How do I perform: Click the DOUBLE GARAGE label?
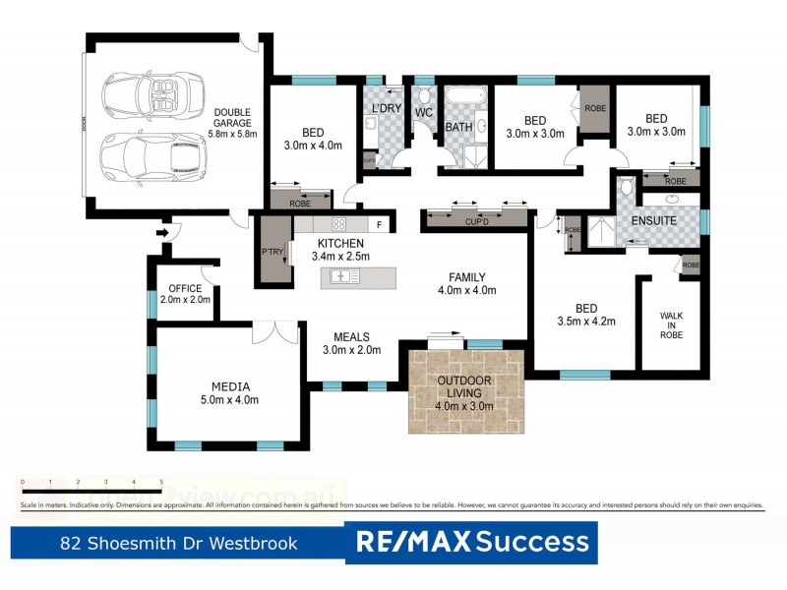click(232, 116)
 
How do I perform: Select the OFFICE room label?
click(185, 288)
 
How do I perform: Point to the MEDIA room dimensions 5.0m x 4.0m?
click(230, 400)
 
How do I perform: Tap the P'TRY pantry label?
click(272, 250)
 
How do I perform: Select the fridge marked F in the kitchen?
click(378, 224)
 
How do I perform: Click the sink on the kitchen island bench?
click(344, 276)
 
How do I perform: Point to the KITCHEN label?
click(341, 243)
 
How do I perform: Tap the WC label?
click(424, 113)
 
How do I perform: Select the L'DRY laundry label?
click(384, 106)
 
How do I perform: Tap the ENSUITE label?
click(653, 221)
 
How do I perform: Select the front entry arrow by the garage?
click(162, 233)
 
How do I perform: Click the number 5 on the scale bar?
click(161, 482)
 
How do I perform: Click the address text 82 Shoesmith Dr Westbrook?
click(178, 543)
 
